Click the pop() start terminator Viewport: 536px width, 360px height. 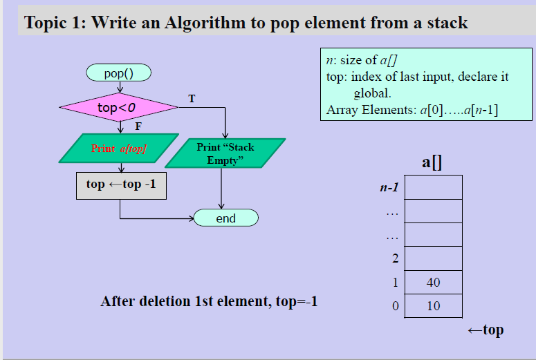[118, 72]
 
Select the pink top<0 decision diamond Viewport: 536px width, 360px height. [118, 107]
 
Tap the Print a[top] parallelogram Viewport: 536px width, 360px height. [118, 149]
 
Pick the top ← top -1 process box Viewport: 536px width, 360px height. [121, 185]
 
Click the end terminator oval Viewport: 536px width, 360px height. [225, 218]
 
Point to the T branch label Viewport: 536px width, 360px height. [192, 99]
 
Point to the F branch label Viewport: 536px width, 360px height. [138, 127]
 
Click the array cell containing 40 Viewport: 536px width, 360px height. [433, 283]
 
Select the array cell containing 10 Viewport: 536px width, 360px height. [433, 306]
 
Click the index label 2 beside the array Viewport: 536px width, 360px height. [395, 259]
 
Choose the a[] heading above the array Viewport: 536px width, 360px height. [432, 162]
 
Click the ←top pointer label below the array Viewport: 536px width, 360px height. [486, 330]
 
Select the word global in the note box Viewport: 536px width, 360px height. [372, 93]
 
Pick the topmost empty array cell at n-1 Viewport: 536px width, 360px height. [433, 187]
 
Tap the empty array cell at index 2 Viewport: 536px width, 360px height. [433, 259]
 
